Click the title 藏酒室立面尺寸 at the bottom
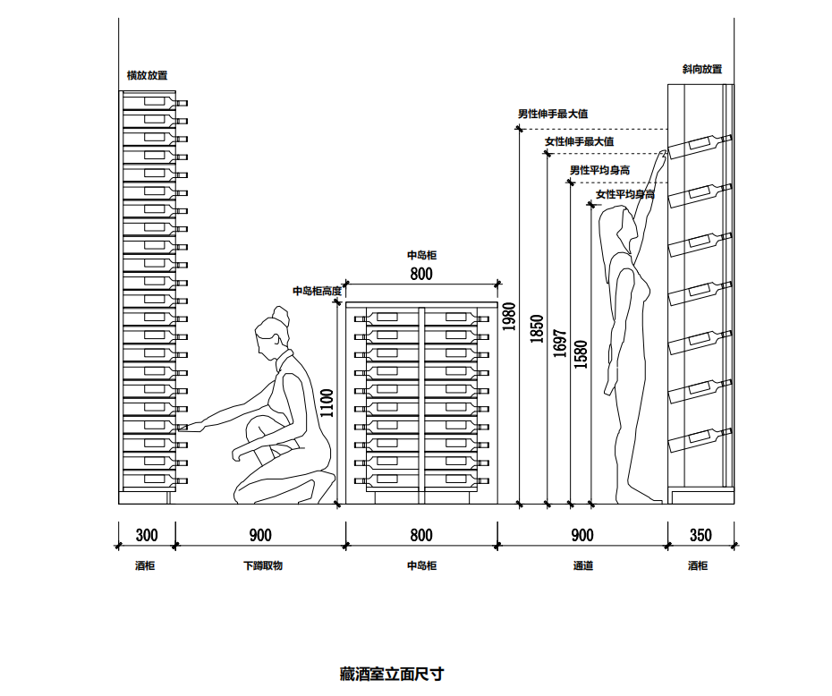pyautogui.click(x=392, y=674)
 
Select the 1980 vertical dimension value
pyautogui.click(x=509, y=316)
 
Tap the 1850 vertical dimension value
pyautogui.click(x=537, y=328)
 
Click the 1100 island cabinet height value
pyautogui.click(x=327, y=403)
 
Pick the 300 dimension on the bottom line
pyautogui.click(x=147, y=536)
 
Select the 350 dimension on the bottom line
pyautogui.click(x=701, y=536)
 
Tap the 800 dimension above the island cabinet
pyautogui.click(x=421, y=275)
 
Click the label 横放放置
pyautogui.click(x=147, y=76)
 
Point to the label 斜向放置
pyautogui.click(x=701, y=69)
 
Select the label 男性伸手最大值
pyautogui.click(x=553, y=115)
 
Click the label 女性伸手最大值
pyautogui.click(x=579, y=142)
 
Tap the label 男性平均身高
pyautogui.click(x=600, y=170)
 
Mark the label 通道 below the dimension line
pyautogui.click(x=583, y=566)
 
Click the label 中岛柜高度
pyautogui.click(x=317, y=291)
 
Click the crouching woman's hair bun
pyautogui.click(x=278, y=316)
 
